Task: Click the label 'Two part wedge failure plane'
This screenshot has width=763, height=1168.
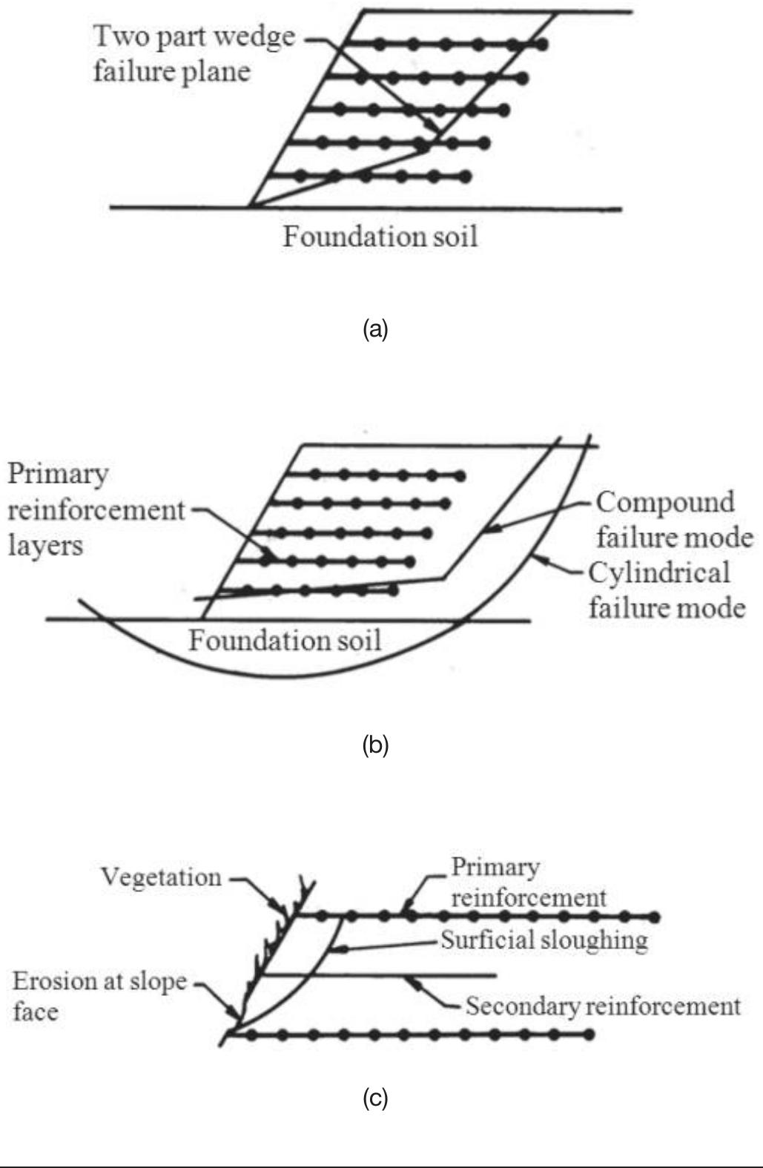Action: (x=194, y=54)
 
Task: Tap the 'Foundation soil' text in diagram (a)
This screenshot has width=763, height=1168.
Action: (x=380, y=237)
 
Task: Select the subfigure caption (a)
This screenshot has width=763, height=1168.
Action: (x=375, y=329)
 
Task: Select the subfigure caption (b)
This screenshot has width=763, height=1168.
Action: (x=375, y=745)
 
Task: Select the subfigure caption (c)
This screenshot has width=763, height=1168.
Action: (x=375, y=1098)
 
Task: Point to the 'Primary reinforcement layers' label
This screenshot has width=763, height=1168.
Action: (x=96, y=510)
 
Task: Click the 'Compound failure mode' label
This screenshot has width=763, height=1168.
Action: (x=675, y=520)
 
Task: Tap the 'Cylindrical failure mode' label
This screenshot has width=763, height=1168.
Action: (x=667, y=590)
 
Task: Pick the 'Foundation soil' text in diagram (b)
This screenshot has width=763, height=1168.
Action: (x=285, y=640)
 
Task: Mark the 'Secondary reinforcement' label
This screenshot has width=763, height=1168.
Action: (x=603, y=1006)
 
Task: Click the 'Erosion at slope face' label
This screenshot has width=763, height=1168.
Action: (x=99, y=996)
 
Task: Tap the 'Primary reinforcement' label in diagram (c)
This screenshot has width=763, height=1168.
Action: (x=529, y=882)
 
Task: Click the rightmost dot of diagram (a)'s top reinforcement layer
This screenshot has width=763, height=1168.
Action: (x=542, y=44)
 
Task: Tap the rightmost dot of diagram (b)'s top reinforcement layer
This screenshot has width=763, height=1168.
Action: (x=460, y=475)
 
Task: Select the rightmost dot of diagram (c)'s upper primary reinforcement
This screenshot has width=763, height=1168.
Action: (x=655, y=917)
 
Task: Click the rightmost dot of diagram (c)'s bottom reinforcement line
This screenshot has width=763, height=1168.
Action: (x=589, y=1034)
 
